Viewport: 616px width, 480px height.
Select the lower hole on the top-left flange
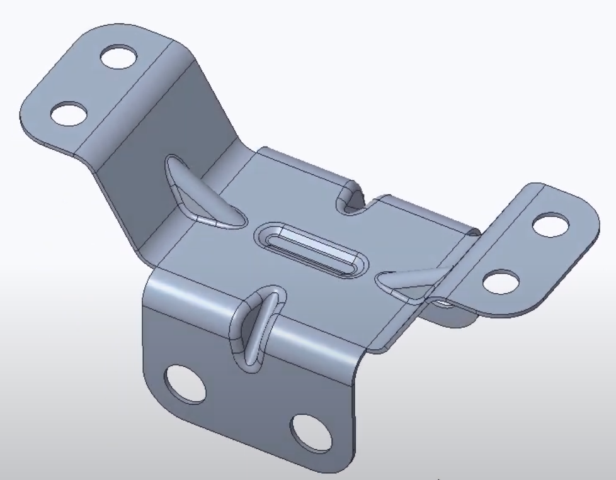point(68,113)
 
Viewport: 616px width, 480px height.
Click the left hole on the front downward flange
point(185,384)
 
